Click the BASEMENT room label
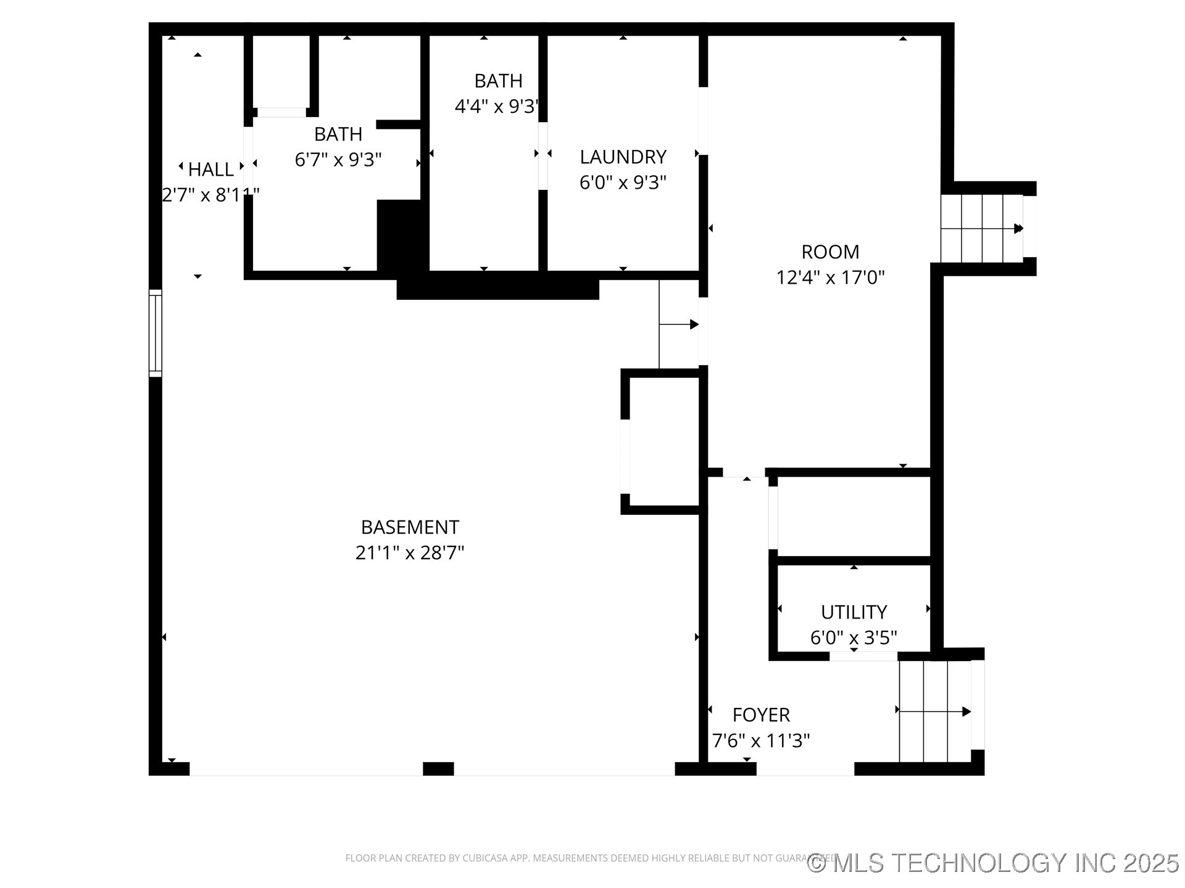pyautogui.click(x=410, y=527)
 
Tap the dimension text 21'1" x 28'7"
pyautogui.click(x=410, y=553)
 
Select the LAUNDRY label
pyautogui.click(x=623, y=157)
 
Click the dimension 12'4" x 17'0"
pyautogui.click(x=830, y=277)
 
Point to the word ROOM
pyautogui.click(x=830, y=252)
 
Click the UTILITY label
pyautogui.click(x=854, y=612)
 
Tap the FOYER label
pyautogui.click(x=761, y=715)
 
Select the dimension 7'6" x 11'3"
pyautogui.click(x=761, y=740)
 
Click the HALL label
pyautogui.click(x=210, y=169)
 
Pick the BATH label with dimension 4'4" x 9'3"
pyautogui.click(x=498, y=81)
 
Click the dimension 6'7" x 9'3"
pyautogui.click(x=338, y=160)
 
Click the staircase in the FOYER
pyautogui.click(x=934, y=712)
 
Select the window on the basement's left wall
pyautogui.click(x=156, y=333)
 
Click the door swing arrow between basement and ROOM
pyautogui.click(x=679, y=324)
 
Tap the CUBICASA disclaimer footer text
pyautogui.click(x=574, y=858)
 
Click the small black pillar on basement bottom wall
pyautogui.click(x=438, y=768)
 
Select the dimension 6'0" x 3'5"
pyautogui.click(x=854, y=638)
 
